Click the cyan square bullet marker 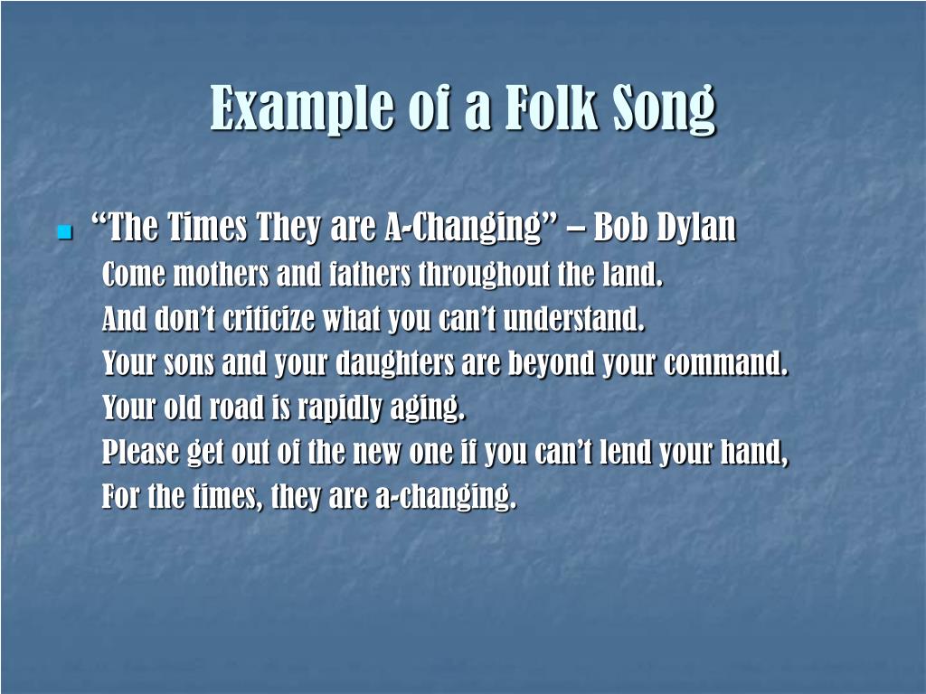64,232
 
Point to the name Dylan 697,230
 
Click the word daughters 395,363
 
